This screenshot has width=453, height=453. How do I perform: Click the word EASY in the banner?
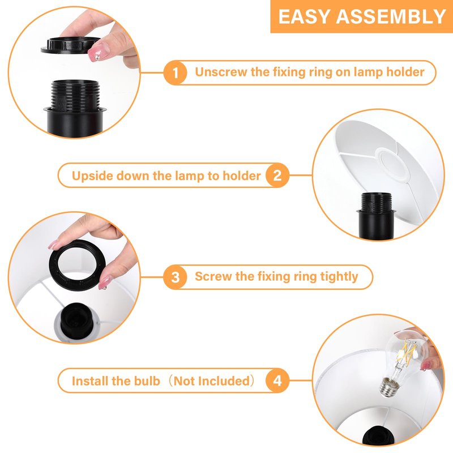pyautogui.click(x=304, y=16)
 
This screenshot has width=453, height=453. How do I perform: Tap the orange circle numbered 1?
pyautogui.click(x=175, y=72)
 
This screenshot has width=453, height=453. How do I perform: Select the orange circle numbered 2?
pyautogui.click(x=277, y=176)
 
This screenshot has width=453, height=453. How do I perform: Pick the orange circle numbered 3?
pyautogui.click(x=175, y=277)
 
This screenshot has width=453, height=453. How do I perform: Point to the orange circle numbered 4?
pyautogui.click(x=277, y=381)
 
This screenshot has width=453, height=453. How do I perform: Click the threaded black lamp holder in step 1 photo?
pyautogui.click(x=75, y=107)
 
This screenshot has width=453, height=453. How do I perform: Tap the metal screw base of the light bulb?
pyautogui.click(x=388, y=387)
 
